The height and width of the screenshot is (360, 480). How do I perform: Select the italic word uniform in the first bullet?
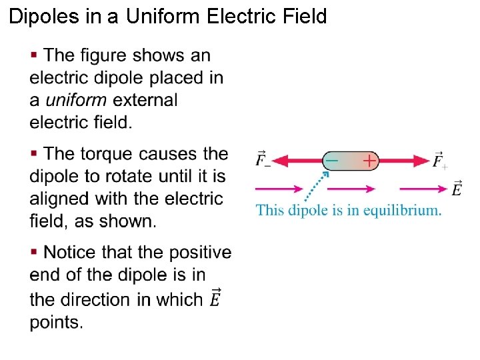pyautogui.click(x=76, y=100)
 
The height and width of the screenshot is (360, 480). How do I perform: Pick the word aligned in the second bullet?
pyautogui.click(x=59, y=199)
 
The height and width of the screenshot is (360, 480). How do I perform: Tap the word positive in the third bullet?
pyautogui.click(x=200, y=253)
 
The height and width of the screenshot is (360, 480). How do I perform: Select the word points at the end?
pyautogui.click(x=56, y=322)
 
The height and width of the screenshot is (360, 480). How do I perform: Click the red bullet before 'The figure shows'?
pyautogui.click(x=34, y=54)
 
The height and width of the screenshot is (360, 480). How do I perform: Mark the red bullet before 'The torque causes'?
pyautogui.click(x=34, y=153)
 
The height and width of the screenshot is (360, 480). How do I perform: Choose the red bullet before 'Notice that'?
pyautogui.click(x=34, y=252)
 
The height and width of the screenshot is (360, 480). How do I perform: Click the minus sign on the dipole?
pyautogui.click(x=331, y=160)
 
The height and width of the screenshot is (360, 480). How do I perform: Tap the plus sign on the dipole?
pyautogui.click(x=368, y=160)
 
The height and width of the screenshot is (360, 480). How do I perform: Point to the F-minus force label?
pyautogui.click(x=263, y=160)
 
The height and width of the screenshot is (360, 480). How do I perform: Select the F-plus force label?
pyautogui.click(x=439, y=160)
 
